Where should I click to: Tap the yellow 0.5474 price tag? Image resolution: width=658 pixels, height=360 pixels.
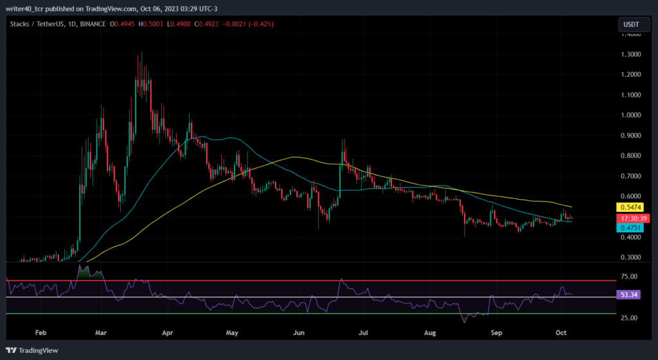coord(630,207)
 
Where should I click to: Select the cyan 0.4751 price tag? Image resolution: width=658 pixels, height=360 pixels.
coord(630,228)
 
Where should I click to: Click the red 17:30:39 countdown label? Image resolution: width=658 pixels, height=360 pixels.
coord(633,218)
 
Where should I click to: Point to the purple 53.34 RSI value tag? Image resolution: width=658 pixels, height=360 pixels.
coord(628,295)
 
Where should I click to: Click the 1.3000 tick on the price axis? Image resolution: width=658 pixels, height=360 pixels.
coord(630,55)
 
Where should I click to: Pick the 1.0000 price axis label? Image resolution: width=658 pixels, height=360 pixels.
coord(630,116)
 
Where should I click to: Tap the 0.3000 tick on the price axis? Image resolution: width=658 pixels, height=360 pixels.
coord(630,257)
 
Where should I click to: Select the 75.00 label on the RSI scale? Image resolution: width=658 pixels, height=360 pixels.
coord(629,277)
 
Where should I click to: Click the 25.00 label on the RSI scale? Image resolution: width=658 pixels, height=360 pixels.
coord(629,318)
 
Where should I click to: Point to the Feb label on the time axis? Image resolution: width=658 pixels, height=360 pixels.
coord(40,333)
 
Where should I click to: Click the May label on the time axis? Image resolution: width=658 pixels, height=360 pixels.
coord(232,333)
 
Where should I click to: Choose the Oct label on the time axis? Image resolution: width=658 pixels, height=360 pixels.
coord(561,333)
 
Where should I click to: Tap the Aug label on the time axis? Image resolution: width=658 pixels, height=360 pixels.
coord(430,333)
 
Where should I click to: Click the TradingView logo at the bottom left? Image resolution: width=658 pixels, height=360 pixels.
coord(32,350)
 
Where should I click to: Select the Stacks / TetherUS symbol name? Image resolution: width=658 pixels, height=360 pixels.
coord(37,24)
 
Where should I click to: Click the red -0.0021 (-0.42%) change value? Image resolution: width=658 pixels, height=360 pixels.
coord(249,24)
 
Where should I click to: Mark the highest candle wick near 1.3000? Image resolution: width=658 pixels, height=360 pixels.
coord(141,53)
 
